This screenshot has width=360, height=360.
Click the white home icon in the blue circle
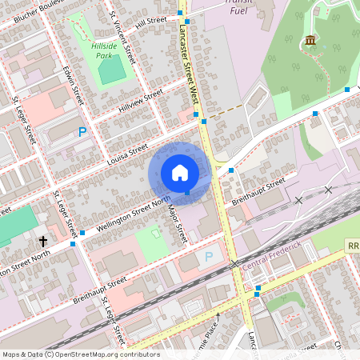[x=180, y=172]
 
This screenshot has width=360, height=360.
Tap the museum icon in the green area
[x=310, y=41]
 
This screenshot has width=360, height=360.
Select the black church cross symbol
[x=42, y=240]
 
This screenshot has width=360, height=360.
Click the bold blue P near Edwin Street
[x=82, y=132]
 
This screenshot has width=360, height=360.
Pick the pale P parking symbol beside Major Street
[x=209, y=257]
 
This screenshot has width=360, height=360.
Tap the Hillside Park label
[x=101, y=51]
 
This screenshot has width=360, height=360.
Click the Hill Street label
[x=150, y=21]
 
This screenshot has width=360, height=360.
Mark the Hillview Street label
[x=140, y=100]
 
